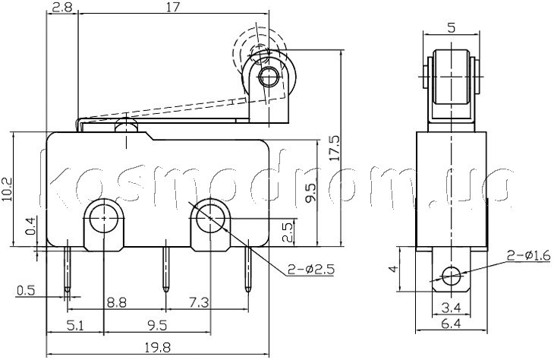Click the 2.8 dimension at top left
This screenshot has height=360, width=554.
tap(61, 7)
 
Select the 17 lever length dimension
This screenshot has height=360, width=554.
tap(173, 7)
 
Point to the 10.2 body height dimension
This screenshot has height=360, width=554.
tap(7, 189)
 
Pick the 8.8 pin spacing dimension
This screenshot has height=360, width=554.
tap(117, 303)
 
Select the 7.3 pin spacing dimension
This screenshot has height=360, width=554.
tap(200, 303)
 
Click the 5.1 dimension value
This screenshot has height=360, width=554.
tap(75, 325)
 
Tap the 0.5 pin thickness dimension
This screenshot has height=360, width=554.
tap(26, 291)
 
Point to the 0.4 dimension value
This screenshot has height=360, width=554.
tap(31, 226)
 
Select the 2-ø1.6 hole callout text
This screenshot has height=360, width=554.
tap(528, 255)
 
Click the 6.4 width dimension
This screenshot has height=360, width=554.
tap(452, 324)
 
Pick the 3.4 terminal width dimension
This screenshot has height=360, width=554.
tap(452, 308)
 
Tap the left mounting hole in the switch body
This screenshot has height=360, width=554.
tap(104, 219)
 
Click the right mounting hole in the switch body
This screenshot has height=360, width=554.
tap(210, 219)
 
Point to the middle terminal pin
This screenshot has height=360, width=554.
tap(165, 269)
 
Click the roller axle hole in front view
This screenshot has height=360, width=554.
tap(269, 75)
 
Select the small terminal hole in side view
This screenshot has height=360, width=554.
tap(452, 276)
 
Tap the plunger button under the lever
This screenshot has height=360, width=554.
tap(126, 126)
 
